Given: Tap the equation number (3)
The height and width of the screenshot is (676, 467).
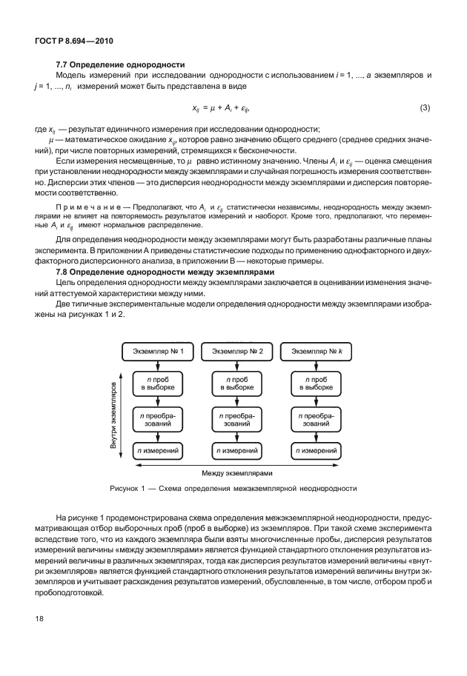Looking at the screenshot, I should pyautogui.click(x=425, y=108).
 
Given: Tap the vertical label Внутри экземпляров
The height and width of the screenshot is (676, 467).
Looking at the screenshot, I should pyautogui.click(x=114, y=415).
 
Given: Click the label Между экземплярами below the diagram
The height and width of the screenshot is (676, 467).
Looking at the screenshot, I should pyautogui.click(x=236, y=472).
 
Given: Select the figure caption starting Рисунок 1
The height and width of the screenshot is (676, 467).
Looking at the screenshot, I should pyautogui.click(x=233, y=489).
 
